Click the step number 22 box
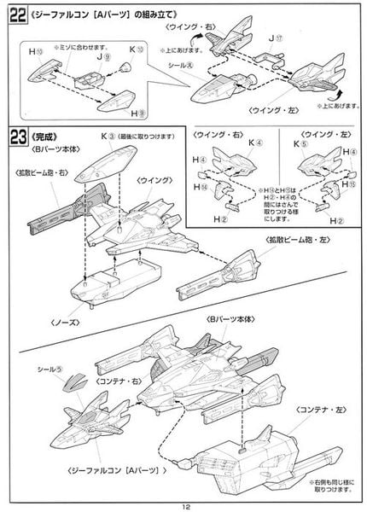click(16, 17)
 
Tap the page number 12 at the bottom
click(183, 503)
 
